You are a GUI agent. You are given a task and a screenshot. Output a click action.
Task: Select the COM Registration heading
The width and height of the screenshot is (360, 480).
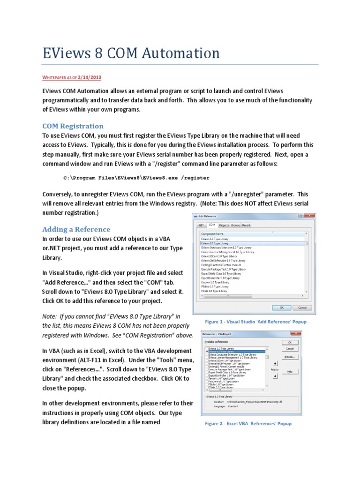pyautogui.click(x=73, y=126)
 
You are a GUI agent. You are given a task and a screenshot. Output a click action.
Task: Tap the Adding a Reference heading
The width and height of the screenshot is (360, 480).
pyautogui.click(x=76, y=229)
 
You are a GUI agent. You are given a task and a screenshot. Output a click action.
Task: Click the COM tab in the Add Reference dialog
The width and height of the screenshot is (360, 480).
pyautogui.click(x=212, y=225)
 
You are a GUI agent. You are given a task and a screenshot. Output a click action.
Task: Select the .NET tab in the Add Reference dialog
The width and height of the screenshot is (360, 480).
pyautogui.click(x=201, y=225)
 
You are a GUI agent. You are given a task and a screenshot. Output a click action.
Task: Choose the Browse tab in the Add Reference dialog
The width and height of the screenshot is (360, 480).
pyautogui.click(x=235, y=225)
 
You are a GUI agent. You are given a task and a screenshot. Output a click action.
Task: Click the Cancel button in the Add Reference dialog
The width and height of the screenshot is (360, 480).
pyautogui.click(x=302, y=307)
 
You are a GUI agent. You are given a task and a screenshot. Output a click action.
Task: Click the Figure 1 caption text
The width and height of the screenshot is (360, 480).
pyautogui.click(x=255, y=322)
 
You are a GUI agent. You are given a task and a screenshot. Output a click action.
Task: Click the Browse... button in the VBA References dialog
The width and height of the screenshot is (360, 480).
pyautogui.click(x=290, y=357)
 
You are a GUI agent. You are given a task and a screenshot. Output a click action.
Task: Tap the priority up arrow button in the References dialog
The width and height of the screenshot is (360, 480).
pyautogui.click(x=275, y=363)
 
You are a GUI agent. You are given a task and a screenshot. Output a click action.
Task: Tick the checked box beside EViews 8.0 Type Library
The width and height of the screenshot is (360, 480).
pyautogui.click(x=207, y=351)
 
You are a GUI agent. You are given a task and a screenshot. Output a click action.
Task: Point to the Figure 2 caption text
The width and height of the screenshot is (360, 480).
pyautogui.click(x=248, y=423)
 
